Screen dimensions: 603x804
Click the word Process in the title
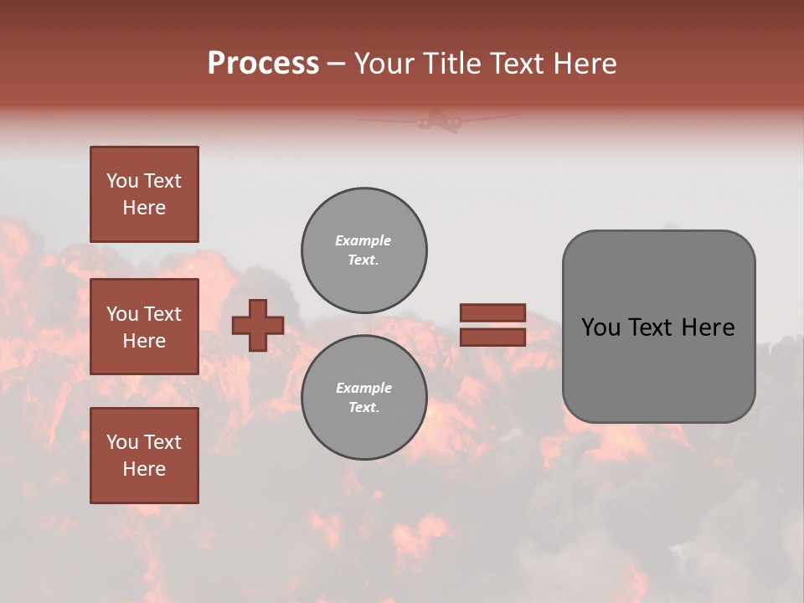263,64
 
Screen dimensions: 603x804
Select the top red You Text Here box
144,194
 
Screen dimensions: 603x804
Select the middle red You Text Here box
144,327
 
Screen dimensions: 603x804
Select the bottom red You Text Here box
144,456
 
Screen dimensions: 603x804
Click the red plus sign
258,326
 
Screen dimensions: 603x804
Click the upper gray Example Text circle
363,250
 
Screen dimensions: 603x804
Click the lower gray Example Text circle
363,398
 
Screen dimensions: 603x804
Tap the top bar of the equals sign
492,312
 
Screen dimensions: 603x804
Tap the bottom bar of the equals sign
492,338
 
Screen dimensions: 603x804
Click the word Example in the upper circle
363,240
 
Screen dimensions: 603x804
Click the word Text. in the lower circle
363,408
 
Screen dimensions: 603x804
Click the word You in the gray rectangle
600,327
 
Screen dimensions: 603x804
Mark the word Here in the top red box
144,208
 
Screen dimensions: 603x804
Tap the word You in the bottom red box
122,442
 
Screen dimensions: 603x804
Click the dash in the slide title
337,64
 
